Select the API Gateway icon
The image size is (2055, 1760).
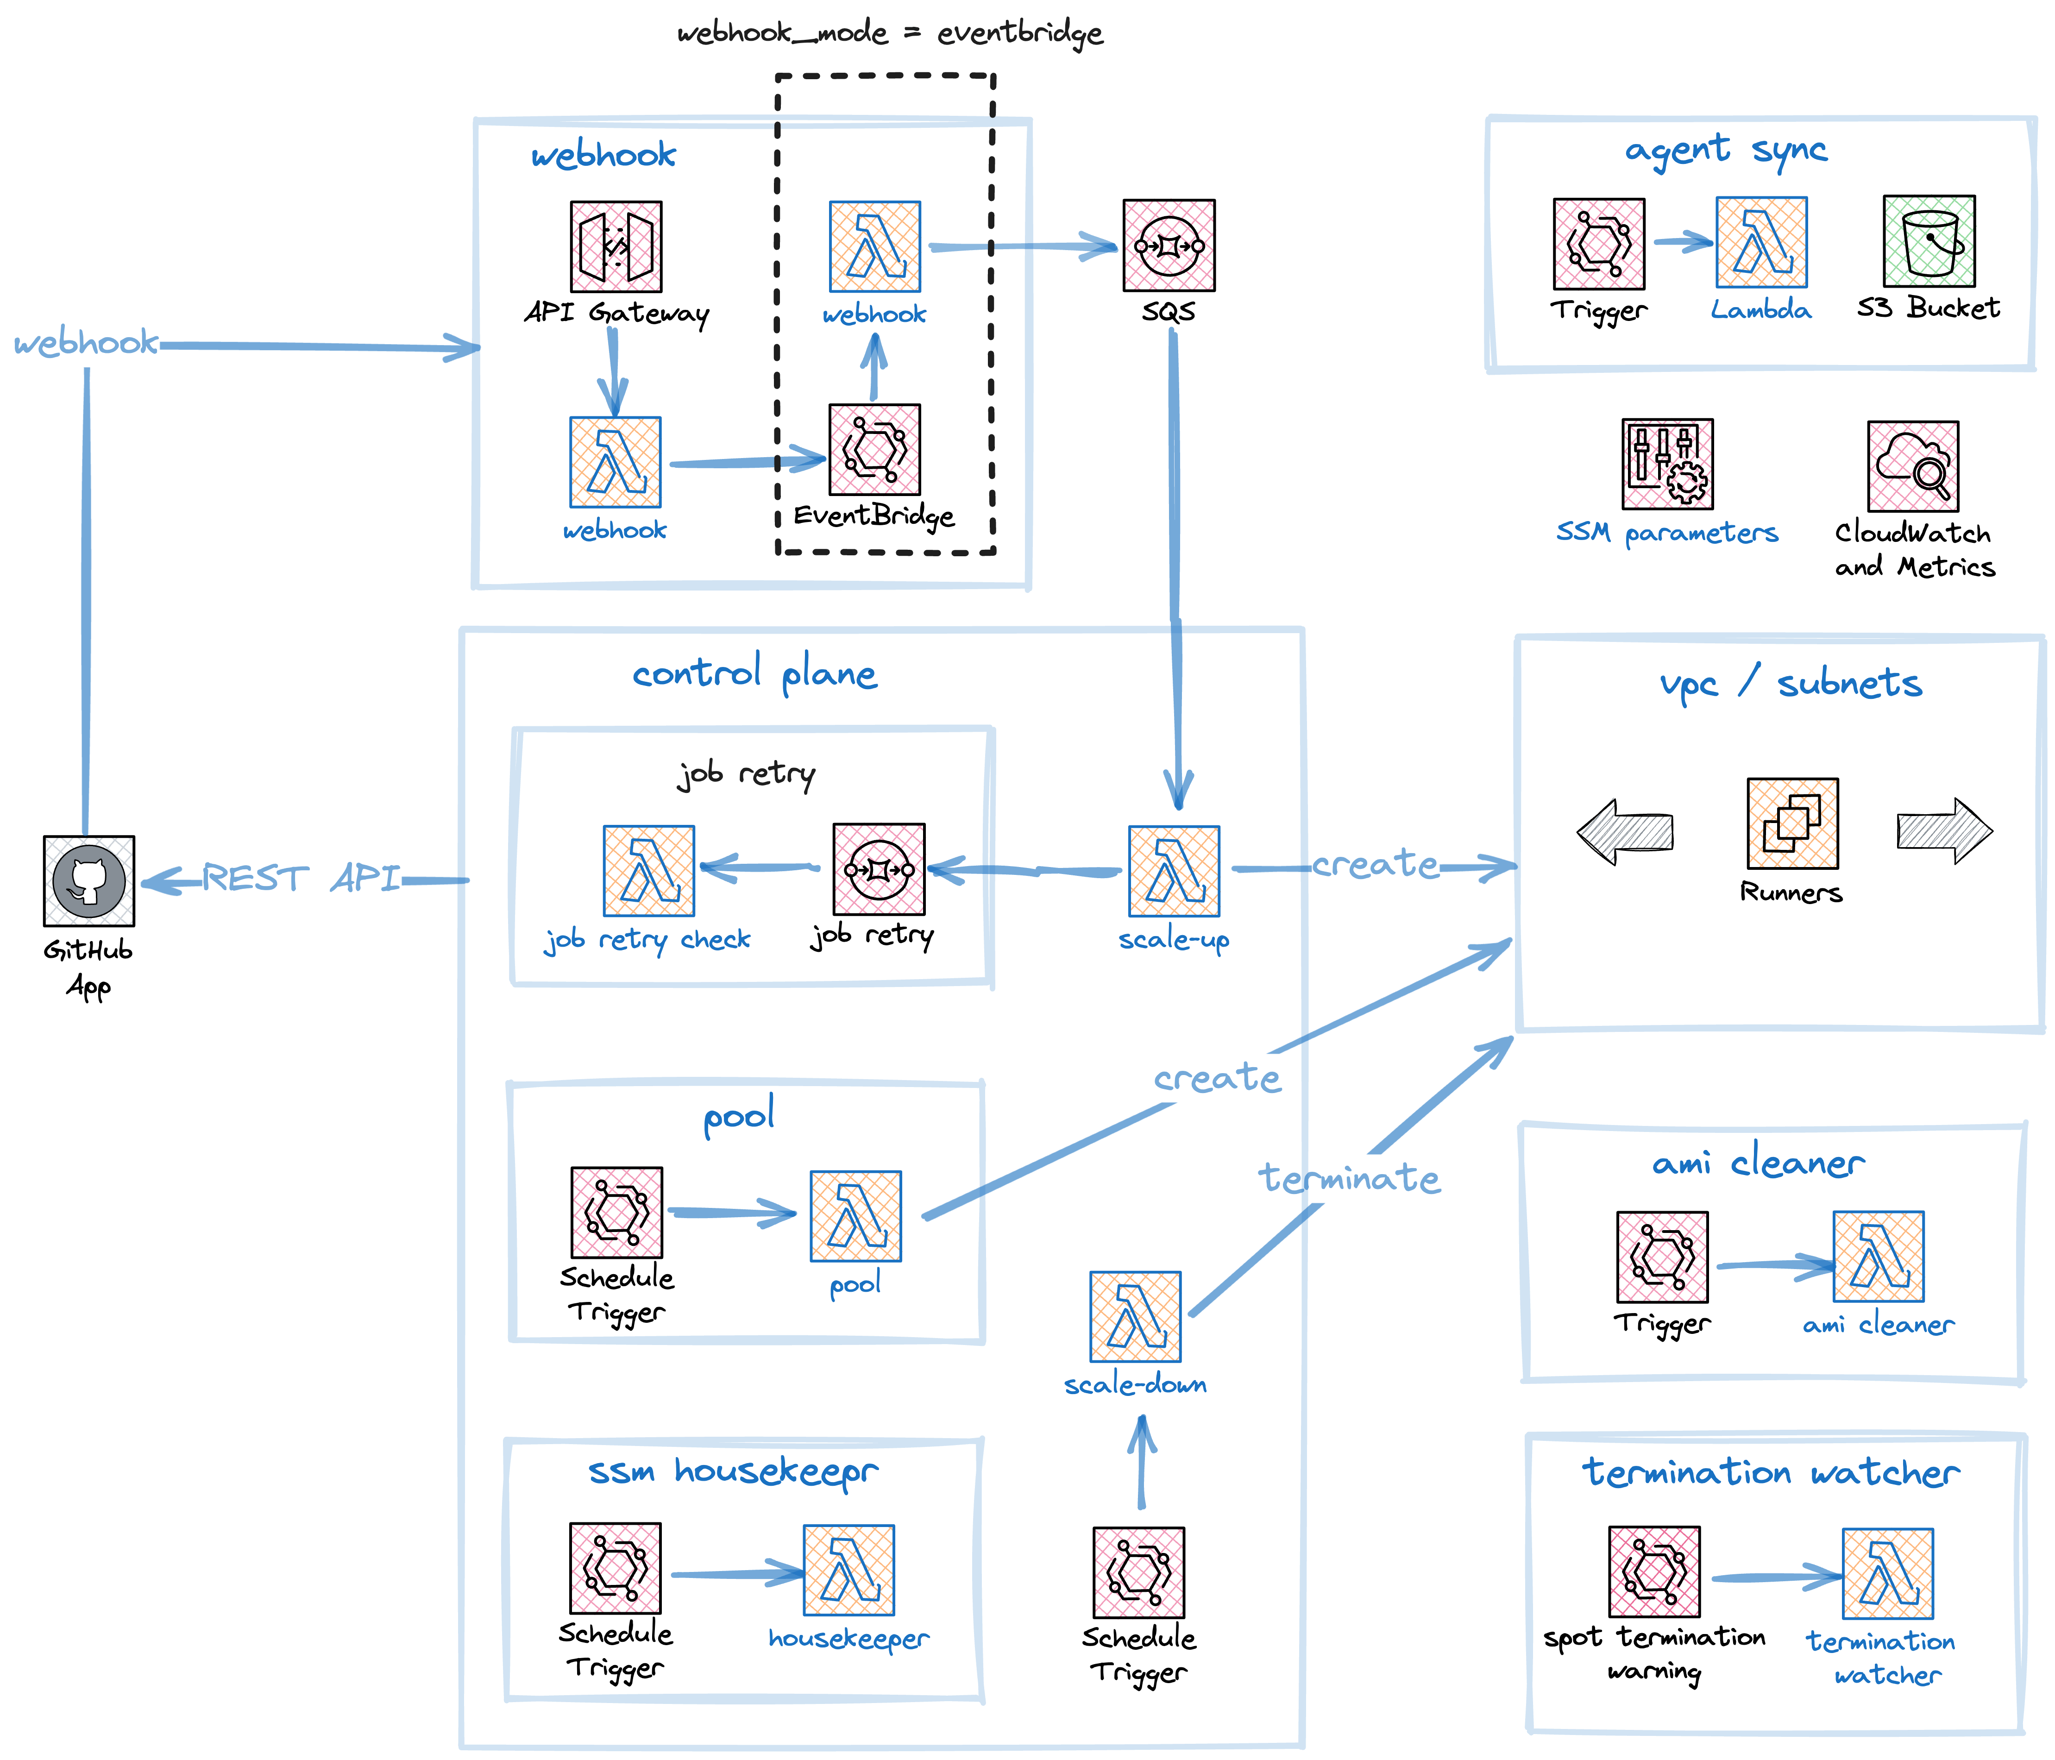[x=616, y=247]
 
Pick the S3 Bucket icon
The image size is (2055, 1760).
[x=1929, y=241]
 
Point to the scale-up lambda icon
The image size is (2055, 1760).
[x=1174, y=871]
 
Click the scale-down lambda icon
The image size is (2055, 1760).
[x=1136, y=1317]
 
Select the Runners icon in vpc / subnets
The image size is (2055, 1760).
[x=1792, y=823]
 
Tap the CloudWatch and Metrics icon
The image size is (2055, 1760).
[x=1912, y=465]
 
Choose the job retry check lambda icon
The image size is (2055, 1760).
[x=648, y=871]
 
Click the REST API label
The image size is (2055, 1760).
[x=302, y=879]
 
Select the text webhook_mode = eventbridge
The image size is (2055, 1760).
[x=890, y=34]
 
